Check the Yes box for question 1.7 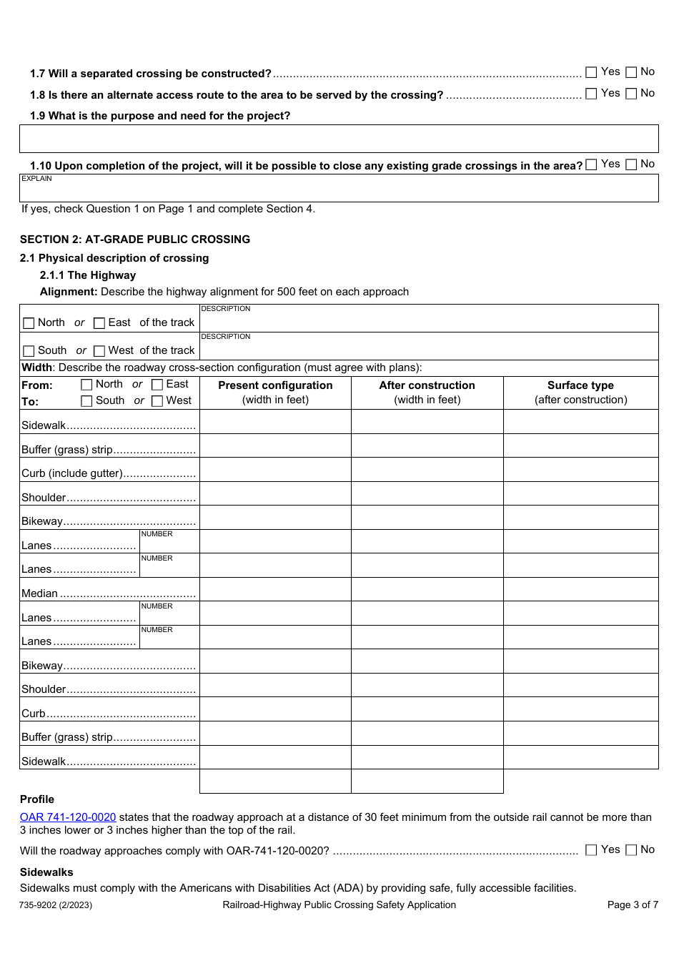[591, 72]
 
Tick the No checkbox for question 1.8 [631, 94]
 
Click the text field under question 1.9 [339, 139]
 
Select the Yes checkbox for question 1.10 [591, 164]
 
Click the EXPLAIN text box [339, 189]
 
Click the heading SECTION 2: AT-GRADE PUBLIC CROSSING [135, 240]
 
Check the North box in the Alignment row [29, 323]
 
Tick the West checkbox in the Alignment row [99, 351]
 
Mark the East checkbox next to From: [157, 385]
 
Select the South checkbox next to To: [86, 401]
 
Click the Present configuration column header [275, 385]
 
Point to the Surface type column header [580, 385]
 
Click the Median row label [40, 593]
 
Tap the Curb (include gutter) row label [72, 473]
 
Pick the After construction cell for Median [427, 589]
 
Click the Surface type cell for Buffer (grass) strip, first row [580, 445]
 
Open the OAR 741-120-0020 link [68, 817]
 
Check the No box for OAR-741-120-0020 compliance [631, 850]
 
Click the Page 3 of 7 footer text [633, 905]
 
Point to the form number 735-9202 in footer [56, 905]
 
